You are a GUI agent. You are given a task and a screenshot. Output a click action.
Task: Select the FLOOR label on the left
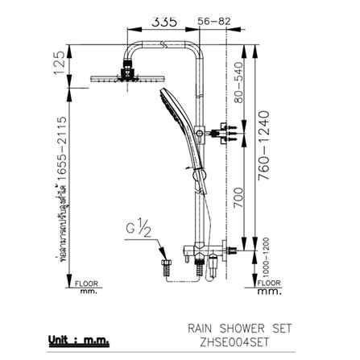click(x=85, y=284)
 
